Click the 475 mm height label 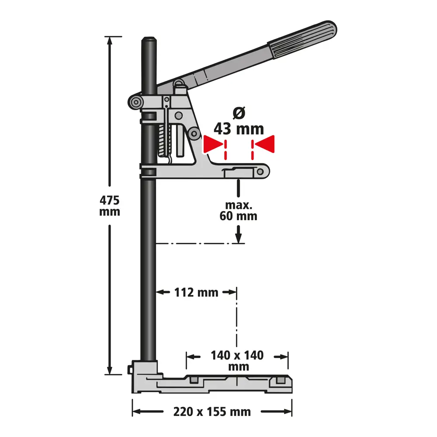109,206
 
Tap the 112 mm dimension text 196,292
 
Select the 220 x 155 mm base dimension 212,412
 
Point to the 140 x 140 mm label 237,361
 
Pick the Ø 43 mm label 239,122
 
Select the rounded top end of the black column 149,41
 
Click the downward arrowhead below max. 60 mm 238,236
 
